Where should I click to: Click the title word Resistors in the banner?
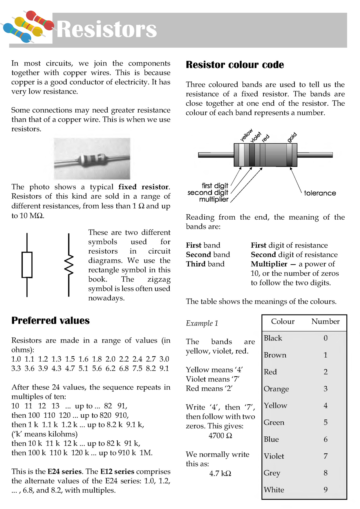[x=107, y=29]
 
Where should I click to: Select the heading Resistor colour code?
[x=235, y=65]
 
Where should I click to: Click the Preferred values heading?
[x=50, y=320]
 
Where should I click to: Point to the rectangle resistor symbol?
[x=27, y=265]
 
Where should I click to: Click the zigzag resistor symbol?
[x=69, y=265]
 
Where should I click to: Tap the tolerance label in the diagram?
[x=320, y=193]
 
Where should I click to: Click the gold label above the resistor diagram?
[x=292, y=137]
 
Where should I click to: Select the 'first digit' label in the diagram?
[x=215, y=185]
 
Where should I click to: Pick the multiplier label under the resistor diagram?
[x=214, y=199]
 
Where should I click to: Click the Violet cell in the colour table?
[x=274, y=456]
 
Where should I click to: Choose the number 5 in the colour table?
[x=325, y=422]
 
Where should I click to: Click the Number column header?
[x=325, y=322]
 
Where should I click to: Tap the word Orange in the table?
[x=276, y=389]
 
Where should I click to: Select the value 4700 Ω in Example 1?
[x=220, y=436]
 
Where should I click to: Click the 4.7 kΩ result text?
[x=220, y=473]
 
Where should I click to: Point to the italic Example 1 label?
[x=202, y=323]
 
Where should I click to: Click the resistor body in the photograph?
[x=92, y=159]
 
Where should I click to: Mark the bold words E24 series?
[x=64, y=472]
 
